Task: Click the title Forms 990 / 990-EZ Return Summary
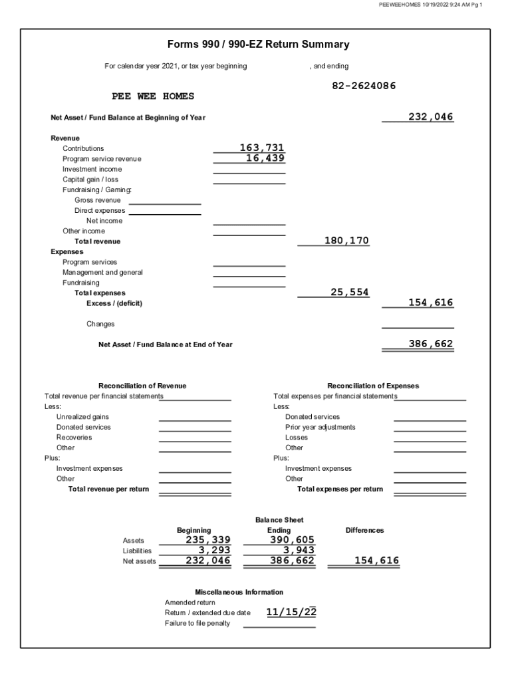[259, 45]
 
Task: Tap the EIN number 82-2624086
[364, 86]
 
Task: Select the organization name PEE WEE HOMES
[153, 96]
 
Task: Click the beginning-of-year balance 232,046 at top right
[430, 117]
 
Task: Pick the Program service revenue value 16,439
[265, 158]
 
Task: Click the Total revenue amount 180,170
[346, 240]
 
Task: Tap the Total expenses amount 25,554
[349, 292]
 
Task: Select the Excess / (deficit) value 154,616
[430, 303]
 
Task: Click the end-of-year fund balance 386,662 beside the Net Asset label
[430, 344]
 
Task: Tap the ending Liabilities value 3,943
[297, 550]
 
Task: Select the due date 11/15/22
[291, 612]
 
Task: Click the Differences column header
[364, 530]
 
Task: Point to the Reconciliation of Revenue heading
[142, 386]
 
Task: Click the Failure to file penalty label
[197, 623]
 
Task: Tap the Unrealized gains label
[82, 417]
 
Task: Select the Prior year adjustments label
[320, 427]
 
